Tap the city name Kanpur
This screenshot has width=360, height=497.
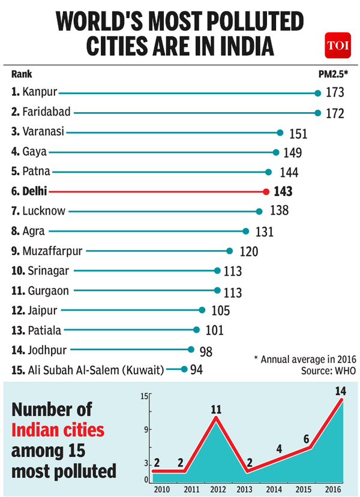click(x=40, y=92)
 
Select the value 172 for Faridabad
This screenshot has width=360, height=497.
click(x=335, y=113)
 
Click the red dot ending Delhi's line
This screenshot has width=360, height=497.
click(x=266, y=191)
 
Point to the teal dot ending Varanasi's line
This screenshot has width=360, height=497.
click(x=280, y=132)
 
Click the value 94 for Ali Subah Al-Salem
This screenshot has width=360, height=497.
click(x=197, y=369)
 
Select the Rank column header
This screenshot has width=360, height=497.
click(x=22, y=74)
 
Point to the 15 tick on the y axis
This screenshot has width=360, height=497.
click(x=145, y=396)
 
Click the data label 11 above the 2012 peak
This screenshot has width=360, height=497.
click(x=216, y=411)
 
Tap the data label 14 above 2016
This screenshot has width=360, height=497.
click(x=341, y=391)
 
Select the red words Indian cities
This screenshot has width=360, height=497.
click(x=59, y=430)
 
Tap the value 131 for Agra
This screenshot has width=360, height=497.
click(x=264, y=231)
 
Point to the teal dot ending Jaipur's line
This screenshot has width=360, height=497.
click(x=203, y=310)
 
